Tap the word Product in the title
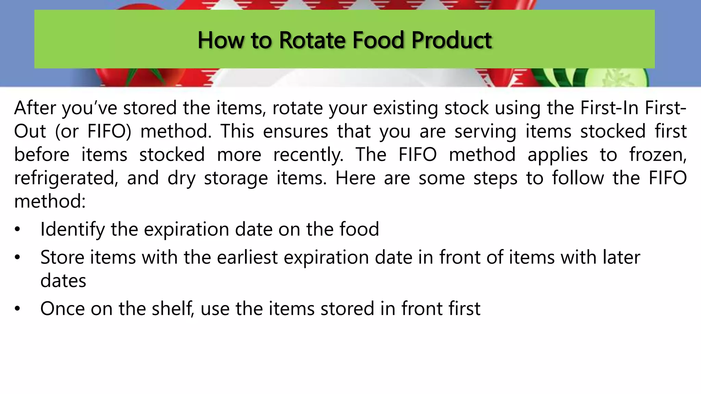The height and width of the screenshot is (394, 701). [451, 40]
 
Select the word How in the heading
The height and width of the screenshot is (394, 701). [221, 40]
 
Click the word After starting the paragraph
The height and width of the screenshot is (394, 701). [35, 108]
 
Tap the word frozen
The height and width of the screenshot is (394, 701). [658, 155]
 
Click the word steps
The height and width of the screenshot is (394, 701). [495, 179]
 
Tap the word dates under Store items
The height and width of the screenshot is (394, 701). [63, 281]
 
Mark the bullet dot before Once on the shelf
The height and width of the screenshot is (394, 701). [17, 309]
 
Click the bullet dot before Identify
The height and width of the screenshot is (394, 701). [17, 229]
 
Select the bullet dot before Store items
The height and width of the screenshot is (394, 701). [17, 257]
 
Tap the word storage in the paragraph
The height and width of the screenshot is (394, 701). [236, 179]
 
